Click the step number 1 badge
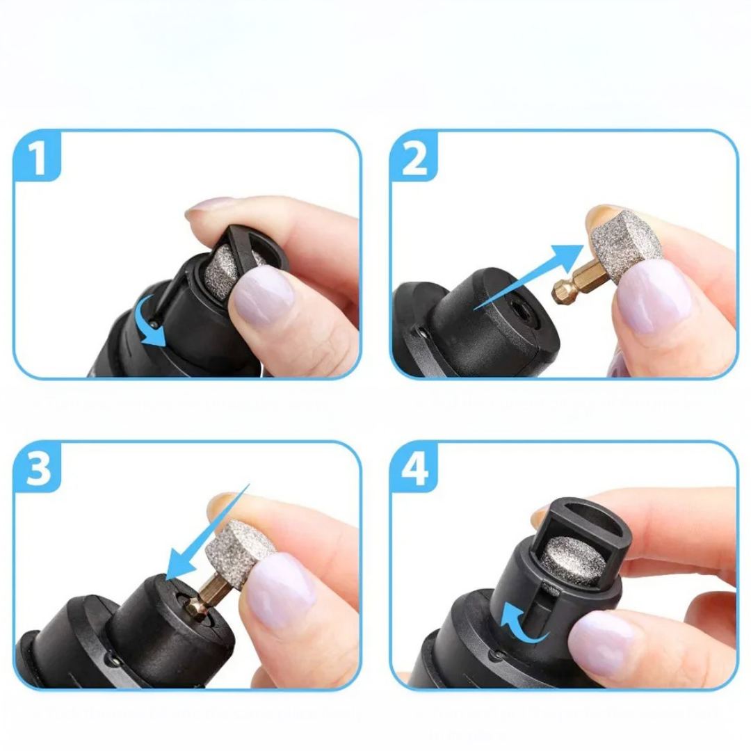[38, 158]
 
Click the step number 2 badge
[415, 158]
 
